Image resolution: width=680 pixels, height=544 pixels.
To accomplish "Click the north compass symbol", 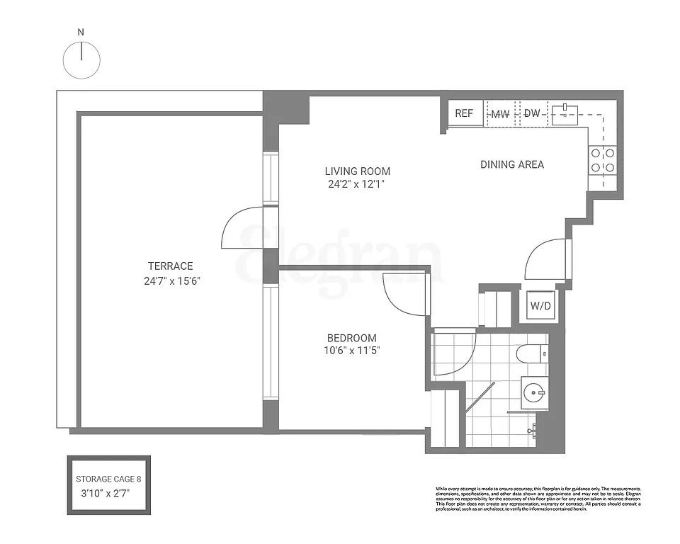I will [x=81, y=59].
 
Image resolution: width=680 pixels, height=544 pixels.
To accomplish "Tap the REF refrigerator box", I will [x=464, y=113].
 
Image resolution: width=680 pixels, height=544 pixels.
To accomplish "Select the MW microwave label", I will [x=501, y=114].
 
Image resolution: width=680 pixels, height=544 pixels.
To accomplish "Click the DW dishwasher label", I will [x=532, y=114].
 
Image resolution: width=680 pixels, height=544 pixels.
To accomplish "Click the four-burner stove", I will [x=603, y=160].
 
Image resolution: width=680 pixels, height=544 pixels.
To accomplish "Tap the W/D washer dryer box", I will [x=540, y=306].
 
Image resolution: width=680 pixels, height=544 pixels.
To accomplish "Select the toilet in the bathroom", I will [x=531, y=353].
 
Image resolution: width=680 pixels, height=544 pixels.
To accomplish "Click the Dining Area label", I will [x=512, y=164].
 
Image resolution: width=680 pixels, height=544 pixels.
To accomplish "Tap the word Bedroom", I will [x=351, y=338].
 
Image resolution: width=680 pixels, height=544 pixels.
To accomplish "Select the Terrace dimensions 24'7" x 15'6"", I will [x=171, y=280].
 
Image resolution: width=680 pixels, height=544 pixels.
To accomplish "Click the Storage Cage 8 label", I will [x=109, y=479].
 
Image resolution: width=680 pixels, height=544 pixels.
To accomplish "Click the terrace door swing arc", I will [x=240, y=228].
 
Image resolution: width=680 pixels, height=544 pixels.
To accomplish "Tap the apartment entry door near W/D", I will [x=546, y=259].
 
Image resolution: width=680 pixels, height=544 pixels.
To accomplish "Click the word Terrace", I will [x=170, y=266].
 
